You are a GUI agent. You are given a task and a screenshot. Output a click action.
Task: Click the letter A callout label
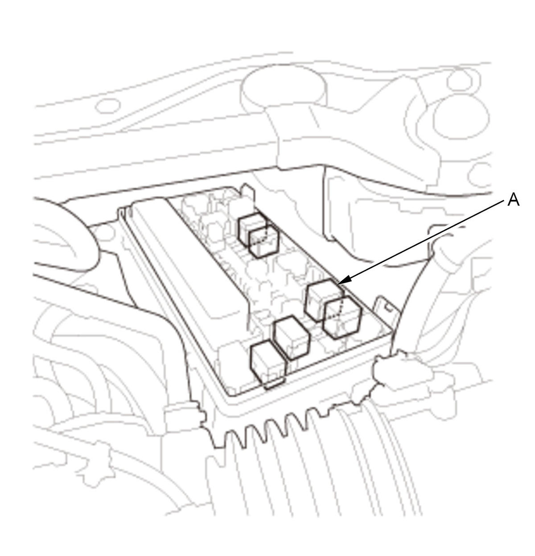click(x=513, y=200)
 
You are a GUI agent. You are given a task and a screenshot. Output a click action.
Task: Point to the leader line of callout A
click(x=420, y=243)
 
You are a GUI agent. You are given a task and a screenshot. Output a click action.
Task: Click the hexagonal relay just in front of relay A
click(x=342, y=317)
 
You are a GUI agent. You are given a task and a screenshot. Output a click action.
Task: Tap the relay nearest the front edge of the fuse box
click(x=267, y=364)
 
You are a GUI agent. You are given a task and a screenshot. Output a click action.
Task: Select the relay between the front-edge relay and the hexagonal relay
click(x=291, y=338)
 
